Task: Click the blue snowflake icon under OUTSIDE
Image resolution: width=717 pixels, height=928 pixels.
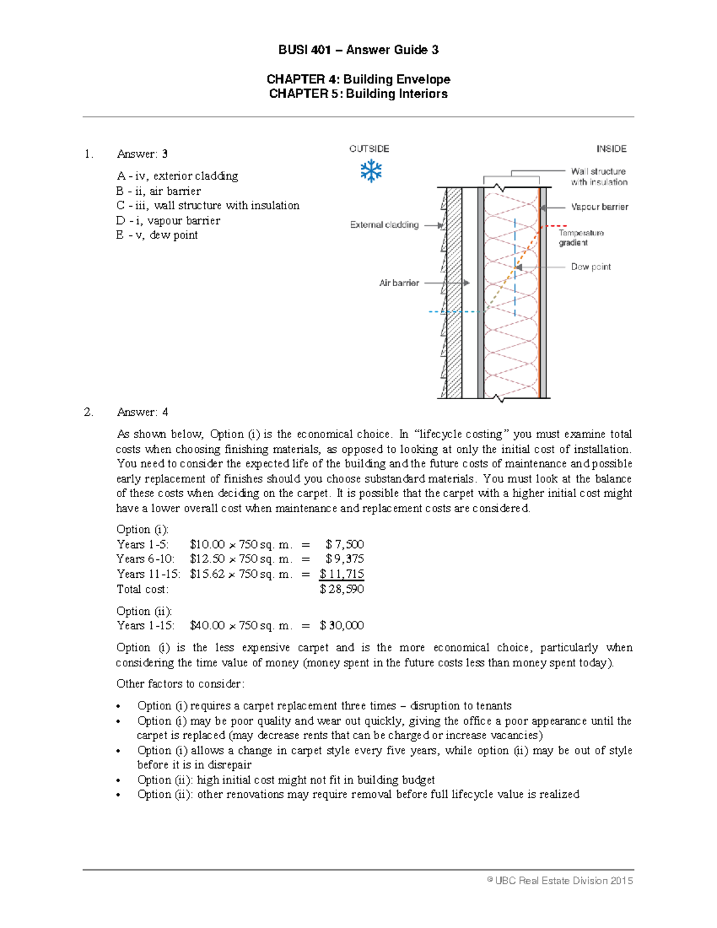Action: [371, 171]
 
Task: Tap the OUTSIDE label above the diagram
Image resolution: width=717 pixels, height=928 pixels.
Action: [369, 149]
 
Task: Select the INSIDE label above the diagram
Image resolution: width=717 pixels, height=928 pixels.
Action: [611, 149]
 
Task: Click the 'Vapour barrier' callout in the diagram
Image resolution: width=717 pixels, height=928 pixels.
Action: [599, 207]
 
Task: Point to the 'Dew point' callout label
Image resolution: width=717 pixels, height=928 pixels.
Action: [590, 267]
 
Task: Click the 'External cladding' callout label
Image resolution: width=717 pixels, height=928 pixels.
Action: [384, 225]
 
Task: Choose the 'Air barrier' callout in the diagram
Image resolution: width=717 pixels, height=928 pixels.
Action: [399, 283]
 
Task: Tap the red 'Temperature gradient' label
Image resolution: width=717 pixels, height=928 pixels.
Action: [581, 238]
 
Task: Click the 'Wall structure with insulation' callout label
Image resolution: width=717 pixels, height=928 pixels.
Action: [599, 177]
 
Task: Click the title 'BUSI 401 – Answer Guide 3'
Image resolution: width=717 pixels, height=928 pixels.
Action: [358, 50]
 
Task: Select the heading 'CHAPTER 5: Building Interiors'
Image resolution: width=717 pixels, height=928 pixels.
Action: [358, 94]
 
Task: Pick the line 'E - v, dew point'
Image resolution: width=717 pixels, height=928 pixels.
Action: [157, 235]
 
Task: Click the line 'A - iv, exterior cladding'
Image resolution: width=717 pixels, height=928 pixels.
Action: [177, 176]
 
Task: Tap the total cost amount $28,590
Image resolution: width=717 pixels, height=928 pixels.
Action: [342, 589]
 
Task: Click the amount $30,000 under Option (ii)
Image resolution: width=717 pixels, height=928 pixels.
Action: [342, 626]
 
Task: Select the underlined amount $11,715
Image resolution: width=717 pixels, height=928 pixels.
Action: [342, 574]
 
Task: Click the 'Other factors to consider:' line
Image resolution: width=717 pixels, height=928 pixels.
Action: [180, 684]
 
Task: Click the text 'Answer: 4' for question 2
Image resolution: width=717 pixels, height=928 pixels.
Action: [142, 412]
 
